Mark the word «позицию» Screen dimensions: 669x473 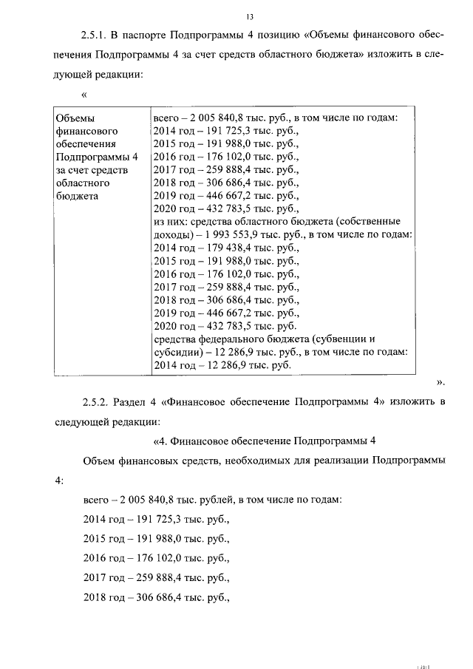(x=273, y=35)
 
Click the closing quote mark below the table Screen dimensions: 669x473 (x=440, y=383)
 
